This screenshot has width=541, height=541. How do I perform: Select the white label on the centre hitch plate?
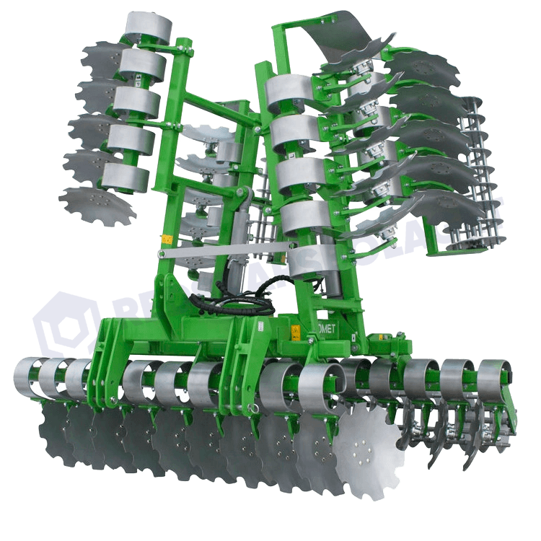pos(260,328)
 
